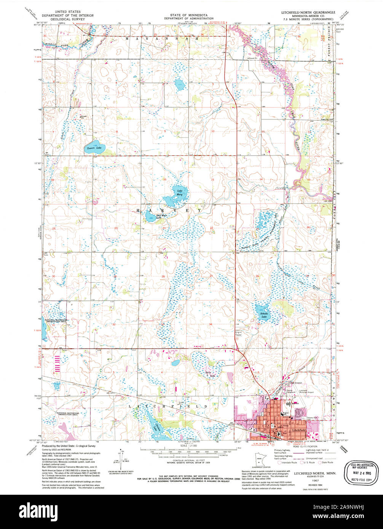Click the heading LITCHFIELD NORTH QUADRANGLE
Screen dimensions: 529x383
coord(309,12)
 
